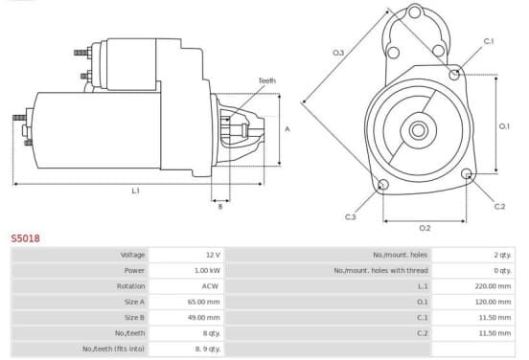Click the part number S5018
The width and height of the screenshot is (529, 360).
click(25, 238)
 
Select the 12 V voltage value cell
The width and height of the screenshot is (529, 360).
click(213, 255)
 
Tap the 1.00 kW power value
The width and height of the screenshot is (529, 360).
click(207, 270)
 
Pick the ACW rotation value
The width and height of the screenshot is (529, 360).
click(210, 286)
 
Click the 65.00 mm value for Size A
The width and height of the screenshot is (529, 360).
click(203, 302)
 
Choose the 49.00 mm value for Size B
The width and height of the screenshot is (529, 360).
click(203, 318)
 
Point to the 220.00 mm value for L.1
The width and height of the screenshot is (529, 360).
click(493, 286)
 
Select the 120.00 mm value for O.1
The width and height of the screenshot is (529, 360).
click(493, 302)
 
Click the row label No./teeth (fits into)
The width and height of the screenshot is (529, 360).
click(113, 349)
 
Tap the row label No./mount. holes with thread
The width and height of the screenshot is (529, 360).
click(380, 270)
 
